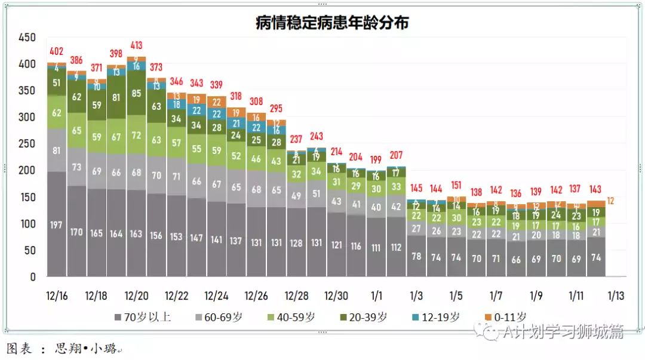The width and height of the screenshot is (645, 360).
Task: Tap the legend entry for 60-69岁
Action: click(223, 317)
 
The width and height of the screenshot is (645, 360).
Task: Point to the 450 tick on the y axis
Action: click(27, 37)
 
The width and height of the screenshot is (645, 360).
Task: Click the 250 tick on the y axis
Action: click(27, 144)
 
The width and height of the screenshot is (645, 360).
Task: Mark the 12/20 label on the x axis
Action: click(137, 296)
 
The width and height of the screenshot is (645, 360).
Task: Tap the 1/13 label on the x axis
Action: click(616, 296)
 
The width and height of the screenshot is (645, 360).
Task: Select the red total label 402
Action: click(57, 51)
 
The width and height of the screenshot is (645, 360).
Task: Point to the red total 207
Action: click(396, 155)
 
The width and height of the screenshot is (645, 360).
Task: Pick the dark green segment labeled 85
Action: click(137, 93)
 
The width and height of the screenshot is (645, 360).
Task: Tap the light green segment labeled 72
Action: click(137, 135)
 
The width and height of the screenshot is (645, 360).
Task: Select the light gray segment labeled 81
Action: click(57, 150)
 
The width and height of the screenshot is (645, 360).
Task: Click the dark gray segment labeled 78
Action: click(416, 256)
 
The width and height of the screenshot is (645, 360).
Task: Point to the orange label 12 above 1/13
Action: click(610, 201)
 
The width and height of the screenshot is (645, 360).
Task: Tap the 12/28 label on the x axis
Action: click(297, 296)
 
